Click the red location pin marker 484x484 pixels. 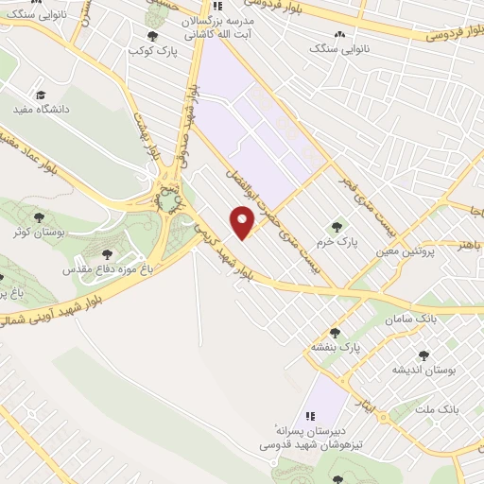[x=243, y=222]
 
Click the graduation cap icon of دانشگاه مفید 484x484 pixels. [x=41, y=95]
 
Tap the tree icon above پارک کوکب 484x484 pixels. [x=152, y=36]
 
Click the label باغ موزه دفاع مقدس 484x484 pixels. [x=102, y=269]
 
